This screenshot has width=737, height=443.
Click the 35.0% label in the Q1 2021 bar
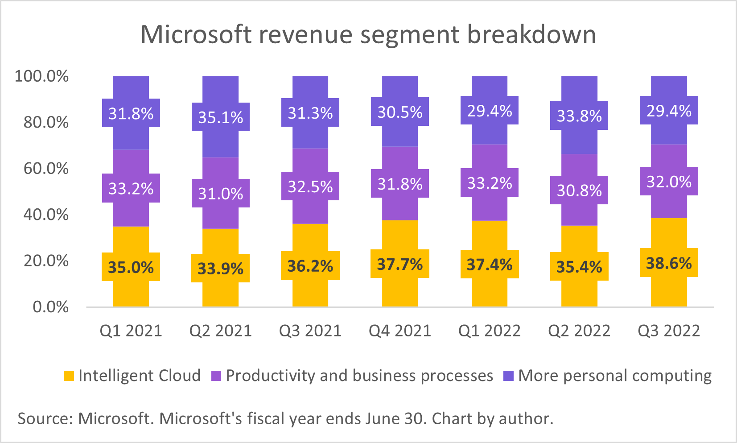coord(131,267)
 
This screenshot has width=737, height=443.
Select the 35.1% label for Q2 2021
coord(221,117)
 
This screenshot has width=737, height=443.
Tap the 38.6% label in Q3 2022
coord(669,263)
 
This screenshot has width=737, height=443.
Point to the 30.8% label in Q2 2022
coord(579,190)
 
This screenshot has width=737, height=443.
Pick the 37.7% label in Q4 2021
coord(400,264)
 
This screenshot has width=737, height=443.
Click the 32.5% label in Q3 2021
coord(310,186)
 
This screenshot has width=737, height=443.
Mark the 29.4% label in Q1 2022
coord(490,111)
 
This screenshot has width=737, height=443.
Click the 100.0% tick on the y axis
coord(42,76)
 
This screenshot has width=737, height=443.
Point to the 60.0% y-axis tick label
coord(46,168)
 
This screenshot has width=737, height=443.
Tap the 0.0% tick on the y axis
coord(51,306)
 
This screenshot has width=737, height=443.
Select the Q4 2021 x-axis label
coord(400,331)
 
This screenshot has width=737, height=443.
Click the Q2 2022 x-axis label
coord(579,331)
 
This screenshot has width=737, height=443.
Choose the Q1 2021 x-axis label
coord(131,331)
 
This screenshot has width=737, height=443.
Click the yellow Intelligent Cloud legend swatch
coord(69,376)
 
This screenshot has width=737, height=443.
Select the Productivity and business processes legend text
coord(359,376)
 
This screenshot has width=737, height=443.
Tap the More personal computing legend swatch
coord(508,376)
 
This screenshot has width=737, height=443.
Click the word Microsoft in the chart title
coord(196,34)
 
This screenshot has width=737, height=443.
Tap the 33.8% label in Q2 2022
coord(579,116)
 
